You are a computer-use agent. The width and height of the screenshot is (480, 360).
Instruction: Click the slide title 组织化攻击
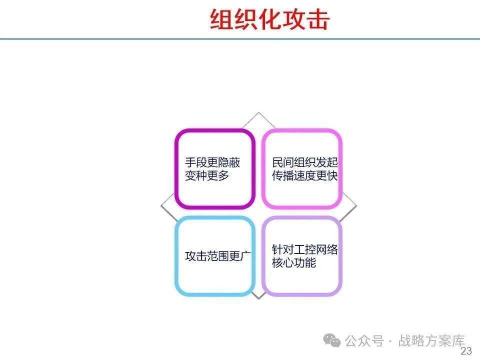pyautogui.click(x=269, y=19)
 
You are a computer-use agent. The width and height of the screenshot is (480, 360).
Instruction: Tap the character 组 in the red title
pyautogui.click(x=221, y=19)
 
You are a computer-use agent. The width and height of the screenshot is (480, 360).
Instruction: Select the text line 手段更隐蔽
pyautogui.click(x=212, y=162)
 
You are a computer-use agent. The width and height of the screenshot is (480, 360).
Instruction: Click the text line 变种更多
pyautogui.click(x=207, y=175)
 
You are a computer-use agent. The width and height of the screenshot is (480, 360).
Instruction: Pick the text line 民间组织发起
pyautogui.click(x=305, y=162)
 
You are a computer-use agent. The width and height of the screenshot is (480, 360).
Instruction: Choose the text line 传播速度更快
pyautogui.click(x=305, y=175)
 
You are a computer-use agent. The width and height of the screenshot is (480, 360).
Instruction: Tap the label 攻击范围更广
pyautogui.click(x=218, y=256)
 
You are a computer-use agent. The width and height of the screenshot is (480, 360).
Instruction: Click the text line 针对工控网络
pyautogui.click(x=305, y=250)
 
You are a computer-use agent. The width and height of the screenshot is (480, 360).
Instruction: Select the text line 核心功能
pyautogui.click(x=294, y=263)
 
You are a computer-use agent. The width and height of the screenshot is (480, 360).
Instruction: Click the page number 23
pyautogui.click(x=466, y=351)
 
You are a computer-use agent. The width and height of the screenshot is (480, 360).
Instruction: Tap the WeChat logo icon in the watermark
pyautogui.click(x=332, y=340)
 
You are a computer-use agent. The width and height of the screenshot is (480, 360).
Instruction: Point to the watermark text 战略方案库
pyautogui.click(x=431, y=340)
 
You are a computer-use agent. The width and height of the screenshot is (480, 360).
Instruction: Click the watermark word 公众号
pyautogui.click(x=364, y=340)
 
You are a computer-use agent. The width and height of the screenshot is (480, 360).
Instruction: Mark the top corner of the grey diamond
pyautogui.click(x=258, y=112)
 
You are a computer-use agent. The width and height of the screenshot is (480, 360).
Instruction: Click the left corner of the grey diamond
pyautogui.click(x=161, y=205)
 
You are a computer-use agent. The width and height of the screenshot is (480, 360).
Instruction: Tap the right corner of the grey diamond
pyautogui.click(x=356, y=205)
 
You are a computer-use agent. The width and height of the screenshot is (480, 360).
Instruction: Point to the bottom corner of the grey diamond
pyautogui.click(x=258, y=298)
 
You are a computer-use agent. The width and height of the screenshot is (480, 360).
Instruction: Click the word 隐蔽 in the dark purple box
pyautogui.click(x=229, y=162)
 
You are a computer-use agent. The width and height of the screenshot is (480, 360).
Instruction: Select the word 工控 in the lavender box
pyautogui.click(x=305, y=250)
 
